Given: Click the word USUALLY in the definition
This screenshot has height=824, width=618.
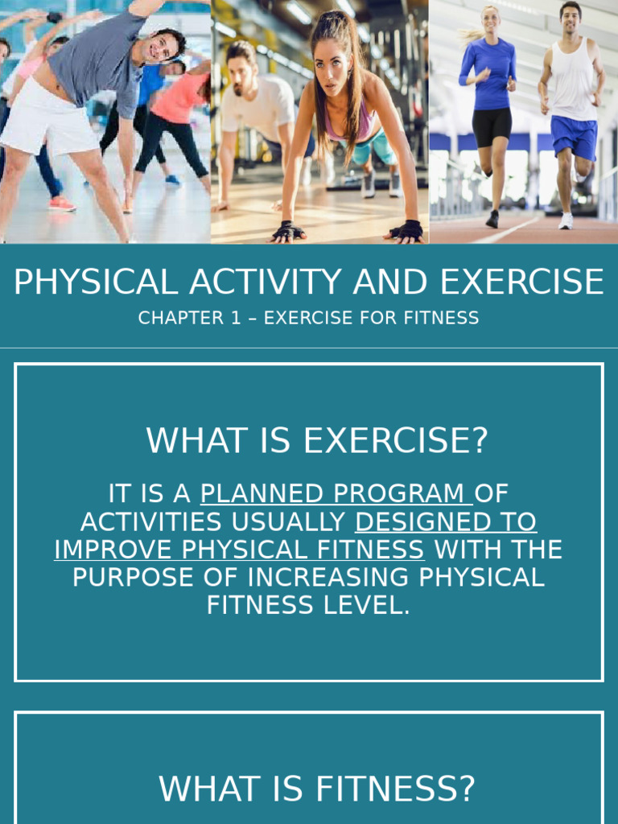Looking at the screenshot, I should pos(288,521).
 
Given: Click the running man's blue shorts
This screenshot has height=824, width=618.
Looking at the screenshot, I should pos(574,137).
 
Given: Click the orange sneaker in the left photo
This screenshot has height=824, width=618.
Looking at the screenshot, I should pos(62,204).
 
